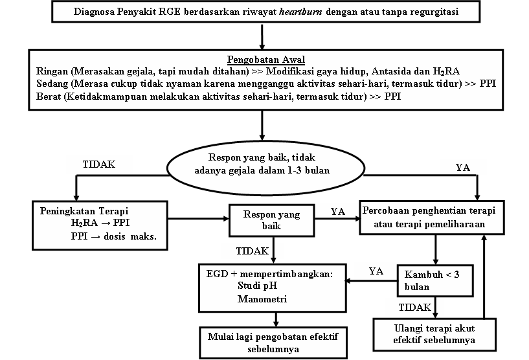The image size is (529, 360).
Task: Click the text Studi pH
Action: coord(255,287)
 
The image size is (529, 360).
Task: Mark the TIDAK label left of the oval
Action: coord(100,164)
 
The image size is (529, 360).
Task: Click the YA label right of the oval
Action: coord(462,167)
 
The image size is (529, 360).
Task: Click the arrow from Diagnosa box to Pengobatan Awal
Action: coord(262,35)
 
